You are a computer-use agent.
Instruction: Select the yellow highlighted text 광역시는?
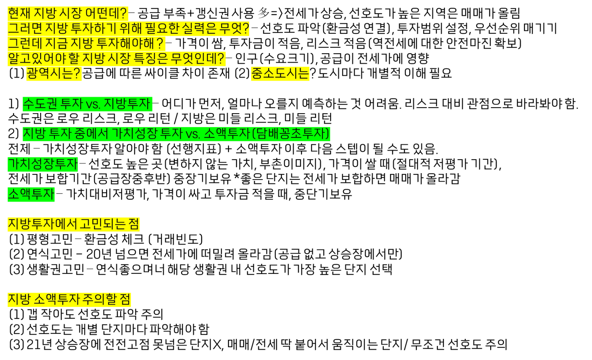tap(54, 73)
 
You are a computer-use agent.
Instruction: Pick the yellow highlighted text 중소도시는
tap(280, 73)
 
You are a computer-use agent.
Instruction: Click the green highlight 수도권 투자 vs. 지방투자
tap(87, 104)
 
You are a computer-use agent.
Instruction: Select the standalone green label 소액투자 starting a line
tap(31, 194)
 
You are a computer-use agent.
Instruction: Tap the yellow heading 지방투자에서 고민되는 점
tap(73, 224)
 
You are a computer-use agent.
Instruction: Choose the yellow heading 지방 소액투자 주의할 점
tap(69, 299)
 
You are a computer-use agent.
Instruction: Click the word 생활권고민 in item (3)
tap(55, 269)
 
